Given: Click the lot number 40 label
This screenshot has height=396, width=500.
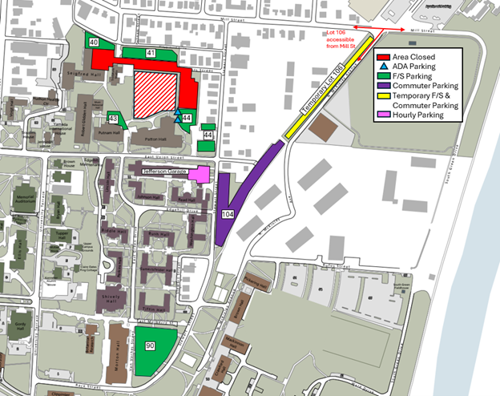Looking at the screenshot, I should tap(94, 42).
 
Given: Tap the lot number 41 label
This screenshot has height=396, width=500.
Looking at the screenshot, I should tap(150, 53).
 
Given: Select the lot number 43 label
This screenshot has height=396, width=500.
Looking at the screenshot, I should tap(113, 119).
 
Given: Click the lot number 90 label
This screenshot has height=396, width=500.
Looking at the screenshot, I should tap(150, 345).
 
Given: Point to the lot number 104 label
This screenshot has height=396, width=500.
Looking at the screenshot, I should tap(227, 216).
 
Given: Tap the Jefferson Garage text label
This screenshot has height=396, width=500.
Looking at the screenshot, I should tap(164, 171).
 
